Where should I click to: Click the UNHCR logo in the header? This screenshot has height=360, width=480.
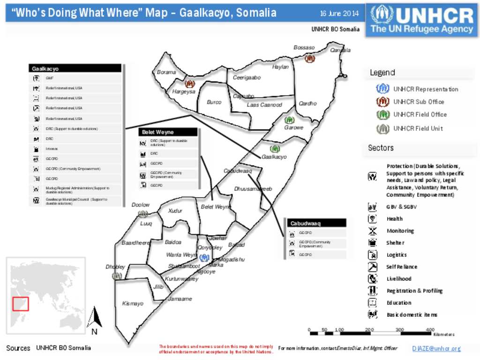coord(422,20)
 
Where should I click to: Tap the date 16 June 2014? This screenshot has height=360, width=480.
coord(339,13)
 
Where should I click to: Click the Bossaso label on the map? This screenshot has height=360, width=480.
coord(304,48)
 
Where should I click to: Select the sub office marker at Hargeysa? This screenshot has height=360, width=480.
coord(189,84)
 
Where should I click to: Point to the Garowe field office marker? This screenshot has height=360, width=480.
coord(290,120)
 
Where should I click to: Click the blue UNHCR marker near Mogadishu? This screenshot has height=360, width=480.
coord(203,257)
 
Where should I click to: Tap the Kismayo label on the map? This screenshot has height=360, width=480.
coord(133,304)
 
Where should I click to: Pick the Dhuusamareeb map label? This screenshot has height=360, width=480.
coord(253,189)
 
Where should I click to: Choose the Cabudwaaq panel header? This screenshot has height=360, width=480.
coord(316,223)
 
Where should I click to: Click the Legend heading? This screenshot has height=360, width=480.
coord(382,73)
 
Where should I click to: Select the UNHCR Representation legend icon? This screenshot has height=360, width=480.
coord(383,89)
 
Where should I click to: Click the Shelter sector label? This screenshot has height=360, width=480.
coord(395,243)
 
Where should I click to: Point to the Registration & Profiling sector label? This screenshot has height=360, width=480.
coord(414,291)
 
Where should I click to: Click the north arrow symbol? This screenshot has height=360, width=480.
coord(95,319)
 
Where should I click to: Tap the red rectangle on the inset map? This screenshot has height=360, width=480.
coord(21,304)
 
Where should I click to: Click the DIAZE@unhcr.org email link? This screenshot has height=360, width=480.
coord(436,349)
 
